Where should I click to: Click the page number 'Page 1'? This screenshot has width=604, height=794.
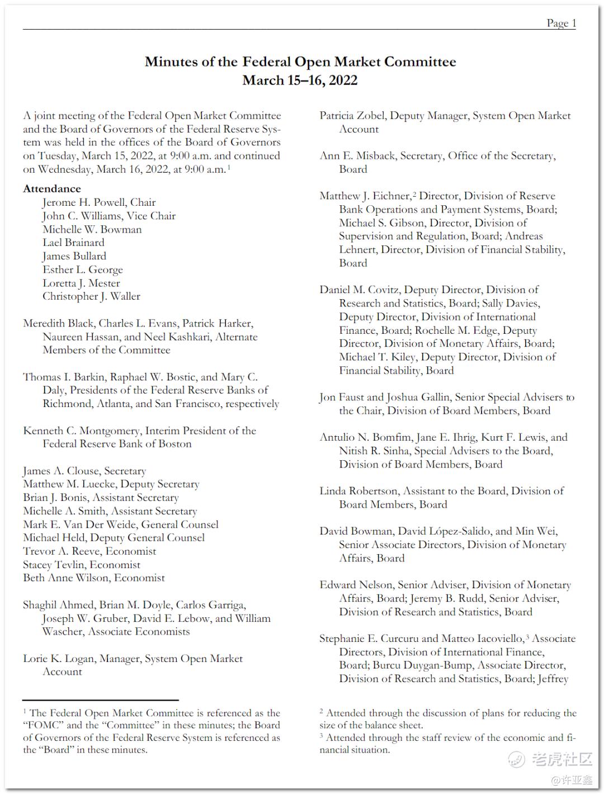561,23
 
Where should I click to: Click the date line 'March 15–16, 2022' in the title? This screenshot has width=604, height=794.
300,81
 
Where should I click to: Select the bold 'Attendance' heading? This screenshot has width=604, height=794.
52,189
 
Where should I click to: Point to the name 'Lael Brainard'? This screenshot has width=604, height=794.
73,243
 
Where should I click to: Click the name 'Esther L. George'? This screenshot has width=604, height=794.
82,270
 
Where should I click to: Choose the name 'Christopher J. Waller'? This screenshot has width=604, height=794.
91,296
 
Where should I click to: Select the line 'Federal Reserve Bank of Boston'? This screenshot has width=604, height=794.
117,444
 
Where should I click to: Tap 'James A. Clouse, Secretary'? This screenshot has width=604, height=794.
84,471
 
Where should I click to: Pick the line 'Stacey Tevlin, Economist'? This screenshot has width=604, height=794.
82,565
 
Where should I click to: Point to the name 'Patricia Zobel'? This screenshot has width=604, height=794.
352,116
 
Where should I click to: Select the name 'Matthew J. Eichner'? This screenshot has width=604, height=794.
365,196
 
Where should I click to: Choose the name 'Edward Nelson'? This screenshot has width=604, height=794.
356,585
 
